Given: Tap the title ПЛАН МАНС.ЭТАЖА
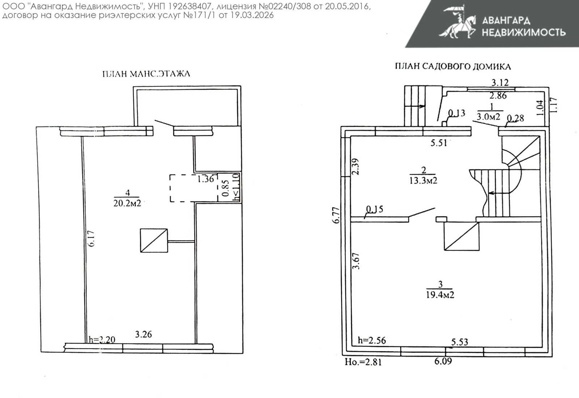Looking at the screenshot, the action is point(146,74).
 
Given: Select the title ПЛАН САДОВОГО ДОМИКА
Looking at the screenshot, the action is point(453,67).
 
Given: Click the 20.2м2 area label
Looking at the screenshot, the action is point(127,203).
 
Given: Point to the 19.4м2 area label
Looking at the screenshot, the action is point(440,295).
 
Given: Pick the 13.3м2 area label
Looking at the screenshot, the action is point(423,180).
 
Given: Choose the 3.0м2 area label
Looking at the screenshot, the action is point(488,117).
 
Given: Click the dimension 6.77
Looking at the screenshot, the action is point(336,215).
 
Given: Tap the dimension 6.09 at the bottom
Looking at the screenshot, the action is point(443,361).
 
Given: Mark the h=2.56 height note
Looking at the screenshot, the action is point(372,341).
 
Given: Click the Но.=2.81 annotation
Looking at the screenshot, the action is point(363,362).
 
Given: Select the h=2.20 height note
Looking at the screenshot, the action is point(102,339).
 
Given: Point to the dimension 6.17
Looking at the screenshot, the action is point(91,239).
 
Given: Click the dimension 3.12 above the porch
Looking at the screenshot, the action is point(500,83).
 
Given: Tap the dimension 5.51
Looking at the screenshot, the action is point(439,143).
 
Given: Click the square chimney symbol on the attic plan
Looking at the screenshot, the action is point(154,240).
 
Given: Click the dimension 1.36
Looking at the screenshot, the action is point(206,179).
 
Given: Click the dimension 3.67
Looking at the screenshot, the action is point(356,261).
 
